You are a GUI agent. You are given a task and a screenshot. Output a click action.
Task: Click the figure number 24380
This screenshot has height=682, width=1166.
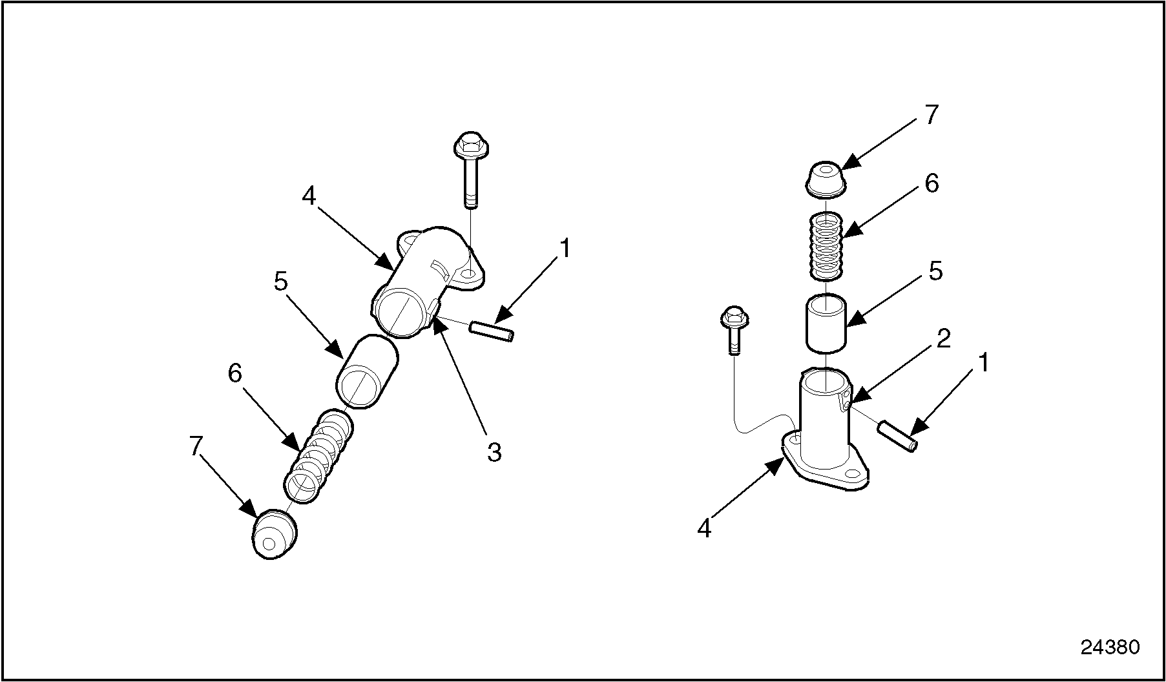pos(1110,646)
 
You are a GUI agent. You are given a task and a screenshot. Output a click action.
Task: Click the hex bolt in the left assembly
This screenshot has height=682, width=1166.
pos(470,170)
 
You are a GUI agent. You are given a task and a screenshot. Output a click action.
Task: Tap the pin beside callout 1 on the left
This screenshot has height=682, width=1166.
pos(492,331)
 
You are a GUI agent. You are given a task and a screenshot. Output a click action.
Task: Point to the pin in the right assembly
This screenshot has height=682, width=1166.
pos(898,435)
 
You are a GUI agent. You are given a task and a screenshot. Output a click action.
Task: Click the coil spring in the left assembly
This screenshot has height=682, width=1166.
pos(319,455)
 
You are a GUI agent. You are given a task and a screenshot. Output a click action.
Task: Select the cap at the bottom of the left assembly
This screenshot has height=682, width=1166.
pos(273,534)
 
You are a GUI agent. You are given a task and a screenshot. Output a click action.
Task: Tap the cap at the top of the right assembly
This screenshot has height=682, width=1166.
pos(826,179)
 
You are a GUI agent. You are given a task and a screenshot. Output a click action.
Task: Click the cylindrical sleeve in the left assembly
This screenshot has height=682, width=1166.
pos(367,371)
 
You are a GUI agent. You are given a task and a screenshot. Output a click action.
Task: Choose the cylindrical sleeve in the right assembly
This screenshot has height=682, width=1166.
pos(826,323)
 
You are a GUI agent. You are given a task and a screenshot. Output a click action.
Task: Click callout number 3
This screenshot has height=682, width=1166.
pos(494,452)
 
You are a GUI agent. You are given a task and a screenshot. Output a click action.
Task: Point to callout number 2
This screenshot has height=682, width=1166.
pos(944,338)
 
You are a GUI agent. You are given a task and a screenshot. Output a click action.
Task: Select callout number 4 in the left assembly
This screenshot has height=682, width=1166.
pos(309,196)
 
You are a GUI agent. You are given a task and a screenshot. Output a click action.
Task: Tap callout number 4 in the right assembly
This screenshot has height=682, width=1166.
pos(704,529)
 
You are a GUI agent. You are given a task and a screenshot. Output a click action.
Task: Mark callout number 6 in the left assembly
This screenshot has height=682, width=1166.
pos(234,373)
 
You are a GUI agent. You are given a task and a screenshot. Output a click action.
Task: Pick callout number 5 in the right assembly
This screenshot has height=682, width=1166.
pos(935,271)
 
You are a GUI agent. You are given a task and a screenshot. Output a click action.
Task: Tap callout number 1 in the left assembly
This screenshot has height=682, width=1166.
pos(565,249)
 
